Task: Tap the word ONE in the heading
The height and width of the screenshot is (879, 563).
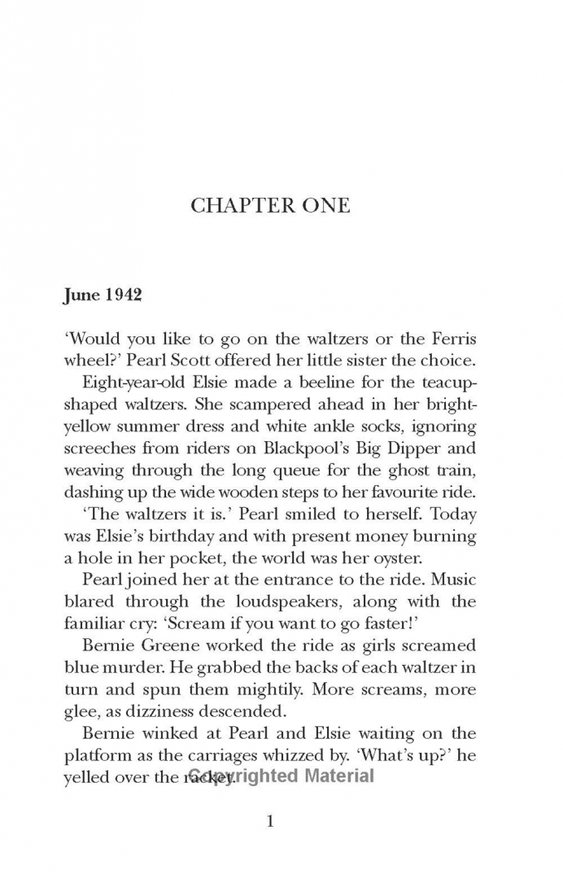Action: click(x=321, y=205)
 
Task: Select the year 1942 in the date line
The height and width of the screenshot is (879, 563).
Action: click(x=121, y=295)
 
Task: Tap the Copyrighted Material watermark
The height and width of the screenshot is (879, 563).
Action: click(x=281, y=776)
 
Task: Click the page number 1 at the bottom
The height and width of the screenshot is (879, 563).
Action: click(x=271, y=820)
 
